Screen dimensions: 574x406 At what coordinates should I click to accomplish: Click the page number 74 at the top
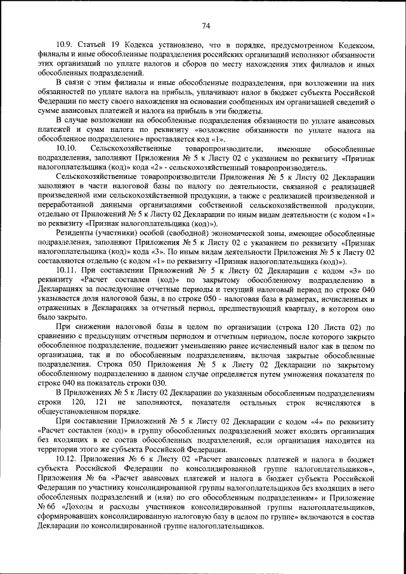206,25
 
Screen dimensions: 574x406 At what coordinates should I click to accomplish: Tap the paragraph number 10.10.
66,148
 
